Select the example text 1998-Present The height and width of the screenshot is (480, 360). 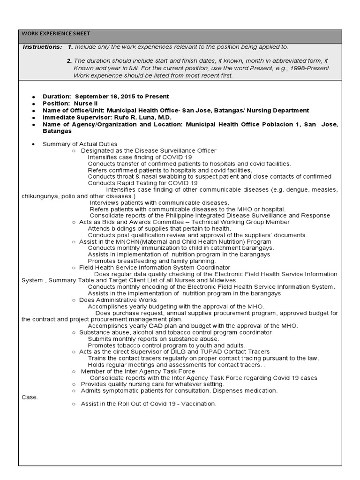point(311,68)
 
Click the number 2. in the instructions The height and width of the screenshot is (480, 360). point(69,61)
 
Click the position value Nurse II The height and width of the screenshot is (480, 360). point(85,104)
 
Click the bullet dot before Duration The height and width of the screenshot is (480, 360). point(34,97)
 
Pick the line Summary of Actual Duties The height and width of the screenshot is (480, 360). point(80,144)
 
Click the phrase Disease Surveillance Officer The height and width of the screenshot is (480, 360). point(172,150)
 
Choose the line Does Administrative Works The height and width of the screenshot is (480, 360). point(118,300)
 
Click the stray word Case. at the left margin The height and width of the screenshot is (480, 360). point(30,397)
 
